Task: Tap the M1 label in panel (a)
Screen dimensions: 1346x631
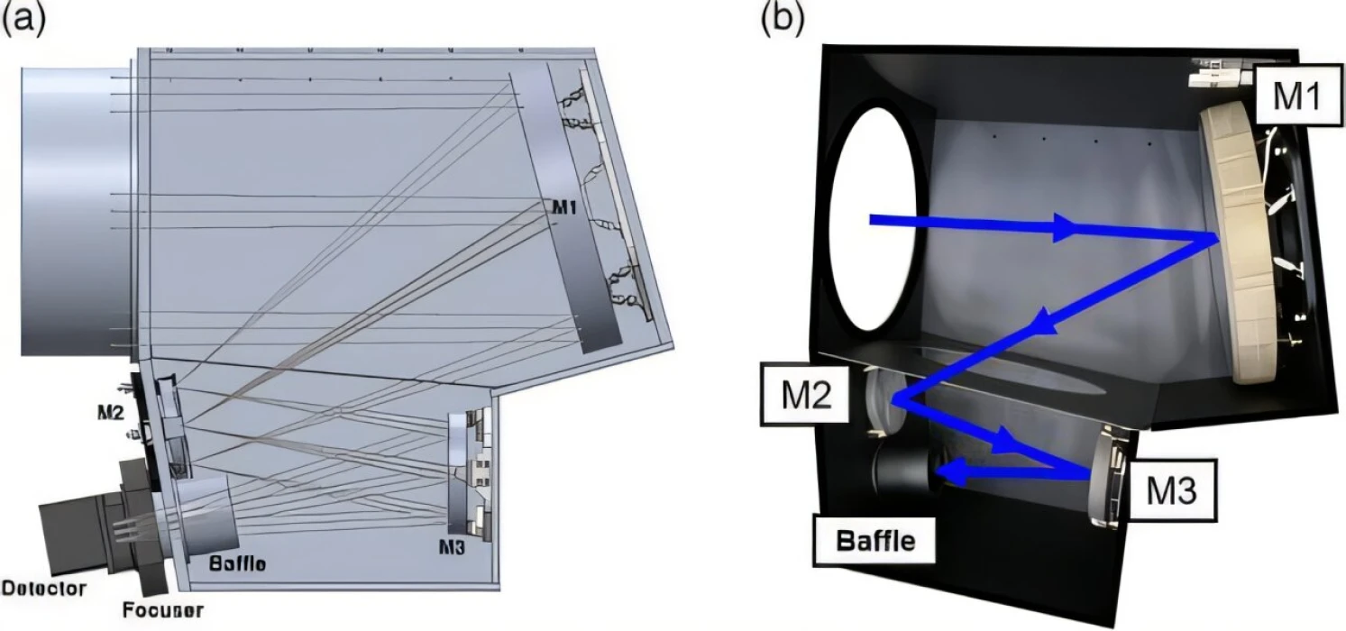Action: pos(564,208)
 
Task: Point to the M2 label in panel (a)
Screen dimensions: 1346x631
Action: pos(111,412)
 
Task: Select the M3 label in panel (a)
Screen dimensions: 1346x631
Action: pos(452,547)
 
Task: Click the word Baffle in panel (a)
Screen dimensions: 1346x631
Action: pos(237,563)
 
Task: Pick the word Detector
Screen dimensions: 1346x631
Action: pos(44,589)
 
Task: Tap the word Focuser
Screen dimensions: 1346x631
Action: pos(163,610)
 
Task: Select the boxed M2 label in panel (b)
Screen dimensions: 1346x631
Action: pos(806,394)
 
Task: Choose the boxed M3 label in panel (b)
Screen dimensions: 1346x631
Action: pos(1172,490)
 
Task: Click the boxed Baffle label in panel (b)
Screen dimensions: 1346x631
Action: pos(874,541)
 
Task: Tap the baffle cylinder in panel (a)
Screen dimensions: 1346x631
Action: pos(207,517)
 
